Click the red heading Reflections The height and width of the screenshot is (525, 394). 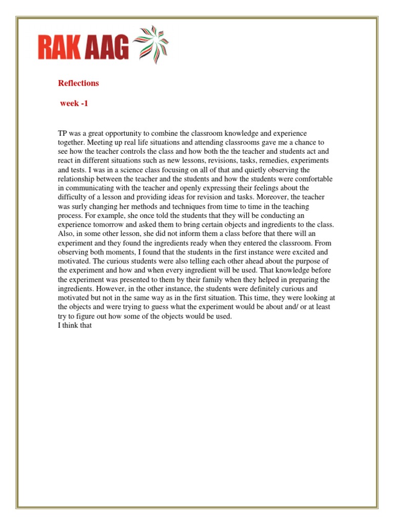[78, 83]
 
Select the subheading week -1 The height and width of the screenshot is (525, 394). [74, 103]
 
